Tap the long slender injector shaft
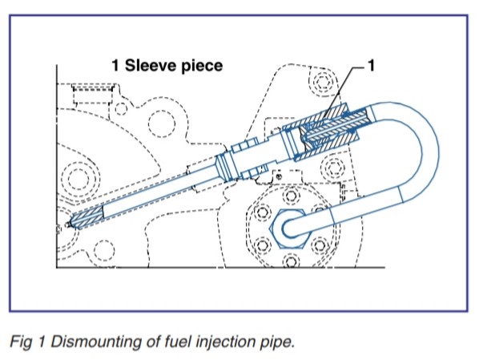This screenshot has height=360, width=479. point(144,192)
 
